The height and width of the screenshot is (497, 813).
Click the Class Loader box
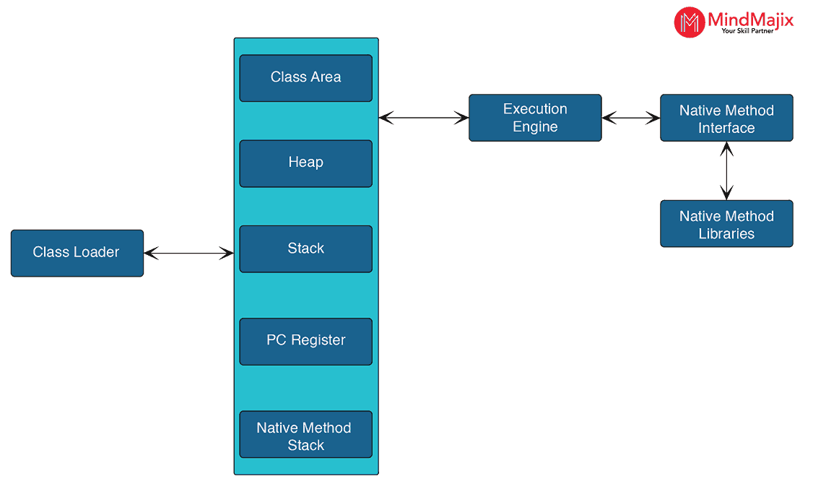click(77, 253)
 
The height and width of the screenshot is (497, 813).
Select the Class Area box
click(305, 78)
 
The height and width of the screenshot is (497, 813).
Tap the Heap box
click(305, 163)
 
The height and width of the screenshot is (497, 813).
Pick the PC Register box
click(305, 341)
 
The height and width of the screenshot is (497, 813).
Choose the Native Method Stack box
click(305, 434)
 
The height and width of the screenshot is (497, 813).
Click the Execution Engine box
click(535, 118)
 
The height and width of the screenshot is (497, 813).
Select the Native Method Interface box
click(726, 118)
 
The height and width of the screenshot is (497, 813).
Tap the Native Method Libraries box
click(726, 224)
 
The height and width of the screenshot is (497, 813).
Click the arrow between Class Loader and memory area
click(189, 253)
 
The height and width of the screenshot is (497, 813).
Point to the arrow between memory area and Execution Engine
click(424, 117)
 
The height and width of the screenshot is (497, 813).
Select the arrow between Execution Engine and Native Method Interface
click(631, 117)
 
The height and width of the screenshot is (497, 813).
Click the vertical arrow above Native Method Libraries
click(726, 170)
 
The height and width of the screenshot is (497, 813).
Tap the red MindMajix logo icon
click(689, 22)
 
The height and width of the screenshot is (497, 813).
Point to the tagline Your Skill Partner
click(747, 31)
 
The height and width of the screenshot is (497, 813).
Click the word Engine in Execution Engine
click(535, 127)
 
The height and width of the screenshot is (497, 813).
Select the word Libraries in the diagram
click(726, 234)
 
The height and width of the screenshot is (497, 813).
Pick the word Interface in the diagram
click(726, 129)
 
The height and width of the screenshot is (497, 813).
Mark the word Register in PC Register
click(318, 340)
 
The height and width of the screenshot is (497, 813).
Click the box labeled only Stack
click(305, 248)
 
